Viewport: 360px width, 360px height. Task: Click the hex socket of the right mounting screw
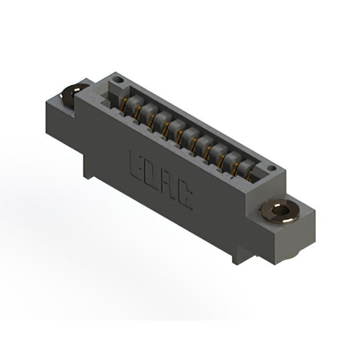(x=281, y=210)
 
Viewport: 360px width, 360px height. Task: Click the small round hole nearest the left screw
(x=119, y=80)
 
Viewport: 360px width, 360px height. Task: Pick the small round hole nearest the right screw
(x=272, y=168)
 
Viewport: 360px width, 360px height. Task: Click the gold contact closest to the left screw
(x=124, y=103)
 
